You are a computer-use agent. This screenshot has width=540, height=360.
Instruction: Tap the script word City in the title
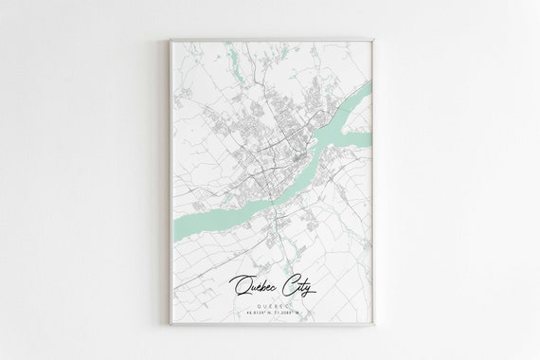pyautogui.click(x=297, y=281)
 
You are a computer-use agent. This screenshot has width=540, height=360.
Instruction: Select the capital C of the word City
pyautogui.click(x=283, y=280)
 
